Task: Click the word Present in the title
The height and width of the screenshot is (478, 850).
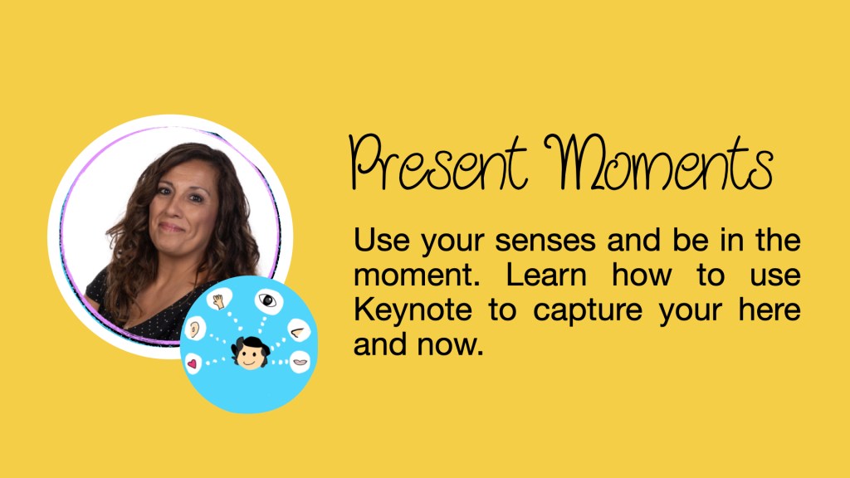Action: pos(439,163)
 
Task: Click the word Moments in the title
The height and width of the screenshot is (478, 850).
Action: pos(659,162)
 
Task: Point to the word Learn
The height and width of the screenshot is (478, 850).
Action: pos(546,275)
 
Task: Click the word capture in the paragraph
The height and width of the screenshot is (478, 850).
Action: pos(588,311)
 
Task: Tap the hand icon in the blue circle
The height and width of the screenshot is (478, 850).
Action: pos(218,300)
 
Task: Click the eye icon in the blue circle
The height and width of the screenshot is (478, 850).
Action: pos(268,300)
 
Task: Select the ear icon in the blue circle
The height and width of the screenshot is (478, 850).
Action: pos(194,329)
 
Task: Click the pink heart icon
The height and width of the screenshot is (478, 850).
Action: pos(192,363)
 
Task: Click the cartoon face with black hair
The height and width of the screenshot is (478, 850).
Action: pos(251,352)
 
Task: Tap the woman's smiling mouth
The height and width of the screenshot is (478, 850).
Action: pos(171,227)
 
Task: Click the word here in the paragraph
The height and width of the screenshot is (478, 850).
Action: pos(769,310)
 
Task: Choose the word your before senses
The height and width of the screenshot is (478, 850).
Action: pos(452,242)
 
